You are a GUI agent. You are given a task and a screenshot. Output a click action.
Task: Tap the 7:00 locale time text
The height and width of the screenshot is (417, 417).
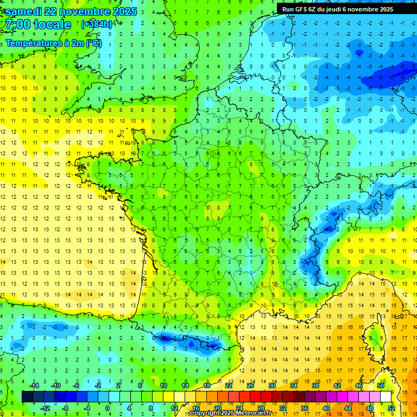click(38, 24)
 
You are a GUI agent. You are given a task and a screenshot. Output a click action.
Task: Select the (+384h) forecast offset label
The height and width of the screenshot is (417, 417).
click(96, 24)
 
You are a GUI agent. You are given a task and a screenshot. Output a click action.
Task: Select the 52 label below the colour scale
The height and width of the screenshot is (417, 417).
click(391, 408)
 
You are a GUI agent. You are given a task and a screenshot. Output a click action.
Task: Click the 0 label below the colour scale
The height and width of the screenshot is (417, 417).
click(108, 408)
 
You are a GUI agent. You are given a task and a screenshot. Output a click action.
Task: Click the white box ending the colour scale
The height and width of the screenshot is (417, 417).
click(386, 397)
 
